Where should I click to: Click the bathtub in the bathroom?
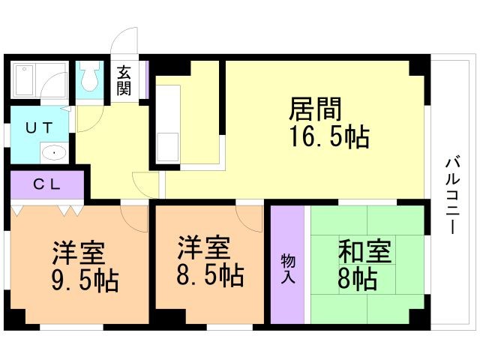25,79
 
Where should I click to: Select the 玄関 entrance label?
124,80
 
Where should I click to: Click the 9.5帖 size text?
82,279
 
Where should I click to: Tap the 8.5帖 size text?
210,275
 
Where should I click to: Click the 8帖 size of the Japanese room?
358,280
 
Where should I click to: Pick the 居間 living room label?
315,110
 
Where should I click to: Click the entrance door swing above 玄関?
126,42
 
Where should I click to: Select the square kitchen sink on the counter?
167,143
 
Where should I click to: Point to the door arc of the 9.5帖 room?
135,217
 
